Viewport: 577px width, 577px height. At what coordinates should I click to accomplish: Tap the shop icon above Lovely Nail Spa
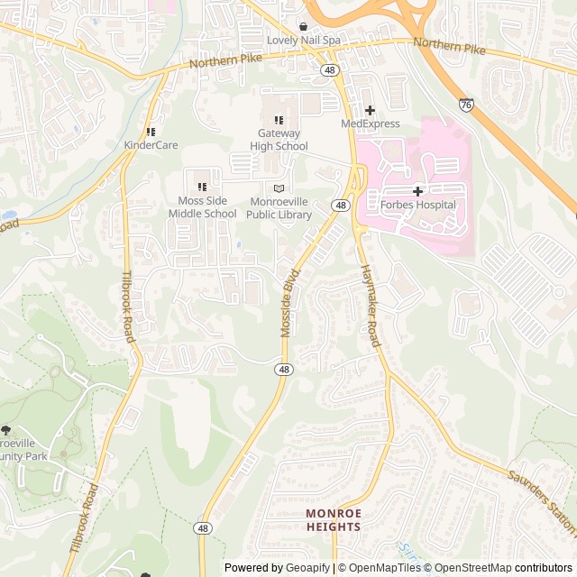coord(303,26)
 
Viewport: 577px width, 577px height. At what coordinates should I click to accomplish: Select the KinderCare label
coord(151,145)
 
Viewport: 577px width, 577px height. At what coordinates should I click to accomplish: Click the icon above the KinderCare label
coord(151,132)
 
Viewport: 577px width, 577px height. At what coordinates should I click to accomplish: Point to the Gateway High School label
coord(279,140)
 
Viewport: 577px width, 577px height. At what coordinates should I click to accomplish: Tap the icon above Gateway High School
coord(279,120)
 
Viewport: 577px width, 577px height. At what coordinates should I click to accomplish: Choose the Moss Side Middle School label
coord(202,207)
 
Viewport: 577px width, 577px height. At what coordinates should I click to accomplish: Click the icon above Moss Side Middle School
coord(202,187)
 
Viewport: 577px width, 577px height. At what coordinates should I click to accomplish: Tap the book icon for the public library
coord(279,188)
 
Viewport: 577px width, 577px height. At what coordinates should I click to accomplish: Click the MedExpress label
coord(370,124)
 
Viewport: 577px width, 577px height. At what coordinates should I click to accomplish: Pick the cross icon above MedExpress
coord(370,110)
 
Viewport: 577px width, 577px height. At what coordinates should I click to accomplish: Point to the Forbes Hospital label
coord(418,205)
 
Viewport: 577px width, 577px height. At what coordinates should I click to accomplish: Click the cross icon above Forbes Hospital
coord(418,191)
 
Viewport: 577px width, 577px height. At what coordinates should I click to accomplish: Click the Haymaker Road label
coord(370,306)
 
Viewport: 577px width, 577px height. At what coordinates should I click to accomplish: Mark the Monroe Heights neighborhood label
coord(333,519)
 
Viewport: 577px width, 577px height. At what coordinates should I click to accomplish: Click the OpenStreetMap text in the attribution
coord(473,568)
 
